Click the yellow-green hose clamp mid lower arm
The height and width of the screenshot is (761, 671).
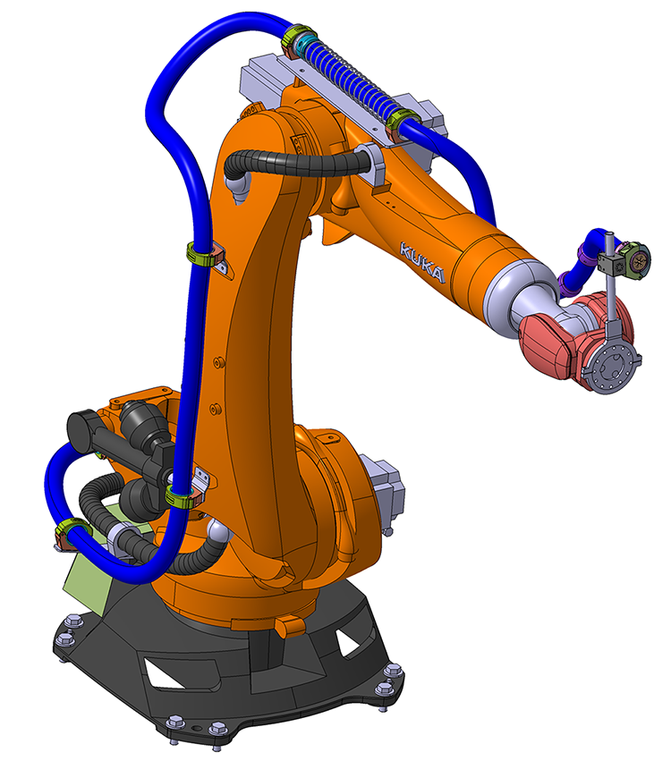tap(201, 254)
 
